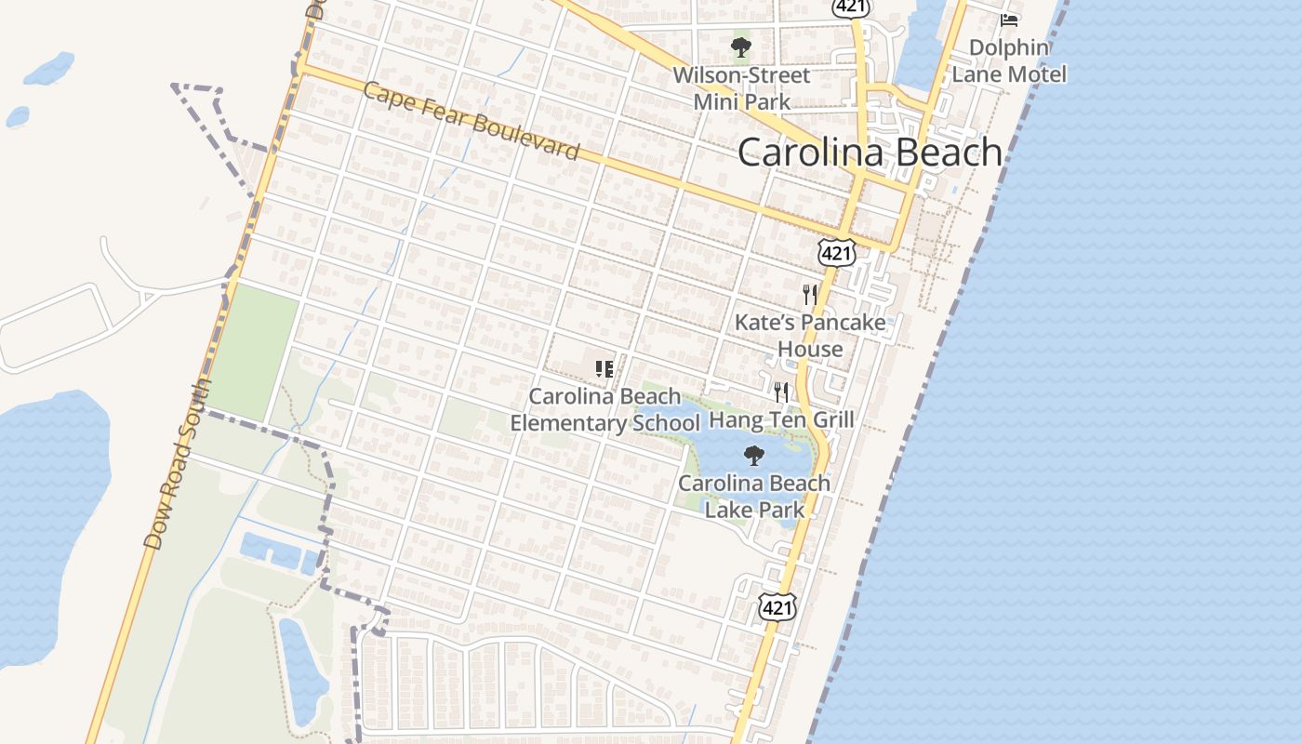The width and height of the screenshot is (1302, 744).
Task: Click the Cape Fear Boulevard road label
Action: coord(472,122)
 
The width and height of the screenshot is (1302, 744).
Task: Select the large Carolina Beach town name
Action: coord(870,153)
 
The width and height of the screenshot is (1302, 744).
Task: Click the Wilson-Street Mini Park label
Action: coord(741,88)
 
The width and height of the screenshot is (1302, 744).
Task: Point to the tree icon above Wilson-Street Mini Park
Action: coord(740,47)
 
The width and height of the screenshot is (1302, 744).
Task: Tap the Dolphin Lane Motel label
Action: coord(1009,60)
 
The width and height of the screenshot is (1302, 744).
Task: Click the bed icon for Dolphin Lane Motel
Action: coord(1009,20)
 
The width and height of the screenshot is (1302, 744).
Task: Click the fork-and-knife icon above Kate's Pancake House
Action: coord(810,295)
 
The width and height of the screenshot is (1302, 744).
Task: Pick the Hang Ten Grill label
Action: coord(781,419)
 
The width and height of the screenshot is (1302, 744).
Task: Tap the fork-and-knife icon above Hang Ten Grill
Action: coord(781,392)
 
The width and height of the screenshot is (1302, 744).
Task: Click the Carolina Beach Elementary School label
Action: coord(604,410)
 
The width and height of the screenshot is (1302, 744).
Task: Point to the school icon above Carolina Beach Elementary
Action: coord(604,369)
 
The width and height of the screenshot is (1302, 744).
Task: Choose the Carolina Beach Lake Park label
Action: coord(754,496)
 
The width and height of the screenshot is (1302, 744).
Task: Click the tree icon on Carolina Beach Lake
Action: coord(754,456)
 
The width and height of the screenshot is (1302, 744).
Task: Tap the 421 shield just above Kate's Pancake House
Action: coord(837,252)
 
